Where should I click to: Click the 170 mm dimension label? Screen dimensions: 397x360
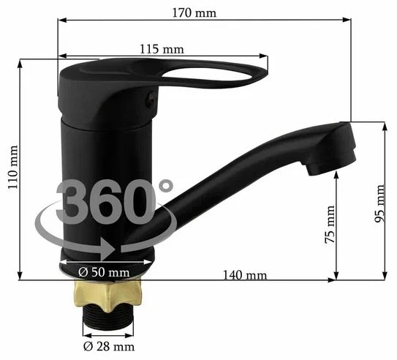pyautogui.click(x=194, y=13)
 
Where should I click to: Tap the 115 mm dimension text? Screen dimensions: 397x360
pyautogui.click(x=162, y=49)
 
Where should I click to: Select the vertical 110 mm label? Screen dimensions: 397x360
pyautogui.click(x=13, y=168)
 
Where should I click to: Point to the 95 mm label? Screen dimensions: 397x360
pyautogui.click(x=379, y=203)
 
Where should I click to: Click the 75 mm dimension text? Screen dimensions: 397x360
pyautogui.click(x=330, y=225)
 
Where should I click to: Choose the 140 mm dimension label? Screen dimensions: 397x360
pyautogui.click(x=245, y=275)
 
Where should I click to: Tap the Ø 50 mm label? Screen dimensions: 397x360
pyautogui.click(x=104, y=272)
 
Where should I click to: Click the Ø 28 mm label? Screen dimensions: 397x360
pyautogui.click(x=109, y=346)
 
